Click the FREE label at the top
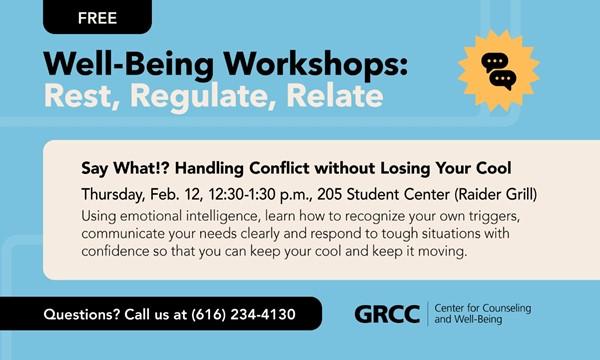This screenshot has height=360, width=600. coord(96,16)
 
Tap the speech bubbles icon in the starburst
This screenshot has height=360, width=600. coord(498,69)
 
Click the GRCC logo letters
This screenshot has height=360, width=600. coord(387,315)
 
